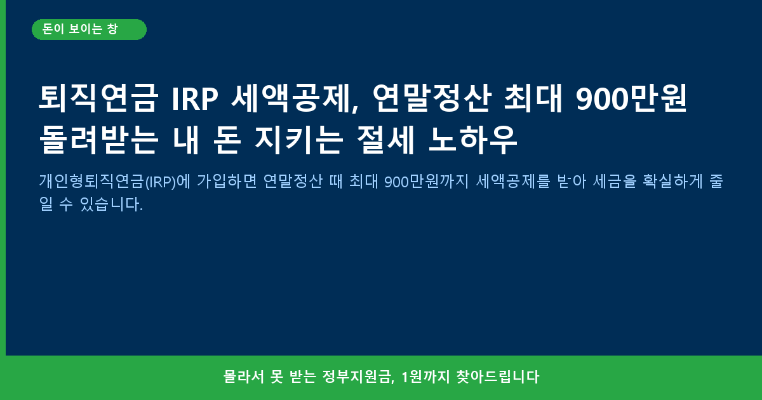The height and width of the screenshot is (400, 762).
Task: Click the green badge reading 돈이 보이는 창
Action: click(x=89, y=30)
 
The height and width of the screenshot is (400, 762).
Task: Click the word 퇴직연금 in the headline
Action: click(x=98, y=98)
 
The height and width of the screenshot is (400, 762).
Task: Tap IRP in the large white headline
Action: click(x=195, y=99)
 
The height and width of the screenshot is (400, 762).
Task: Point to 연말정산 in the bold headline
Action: click(x=432, y=98)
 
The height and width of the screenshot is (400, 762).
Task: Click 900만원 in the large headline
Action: click(x=632, y=98)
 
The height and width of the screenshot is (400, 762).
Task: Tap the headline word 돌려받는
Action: click(x=98, y=140)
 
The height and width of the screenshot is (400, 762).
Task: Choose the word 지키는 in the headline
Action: click(x=298, y=140)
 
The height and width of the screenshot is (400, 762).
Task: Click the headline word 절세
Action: click(x=385, y=140)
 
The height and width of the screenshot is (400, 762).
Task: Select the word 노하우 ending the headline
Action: click(x=473, y=140)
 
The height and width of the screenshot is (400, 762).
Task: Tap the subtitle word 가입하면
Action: click(x=227, y=181)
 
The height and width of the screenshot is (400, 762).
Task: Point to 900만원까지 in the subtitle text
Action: click(x=427, y=182)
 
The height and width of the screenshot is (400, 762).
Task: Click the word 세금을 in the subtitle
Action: click(x=615, y=181)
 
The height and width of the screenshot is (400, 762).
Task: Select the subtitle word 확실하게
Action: click(x=672, y=181)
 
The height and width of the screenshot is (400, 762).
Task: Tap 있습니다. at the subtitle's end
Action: click(x=111, y=204)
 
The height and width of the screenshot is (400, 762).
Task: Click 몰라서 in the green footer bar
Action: click(x=244, y=377)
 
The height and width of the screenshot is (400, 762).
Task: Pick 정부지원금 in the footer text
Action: click(x=358, y=377)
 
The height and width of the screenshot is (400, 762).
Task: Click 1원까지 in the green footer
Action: click(x=425, y=377)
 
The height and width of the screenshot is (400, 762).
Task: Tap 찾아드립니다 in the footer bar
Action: click(x=498, y=377)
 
